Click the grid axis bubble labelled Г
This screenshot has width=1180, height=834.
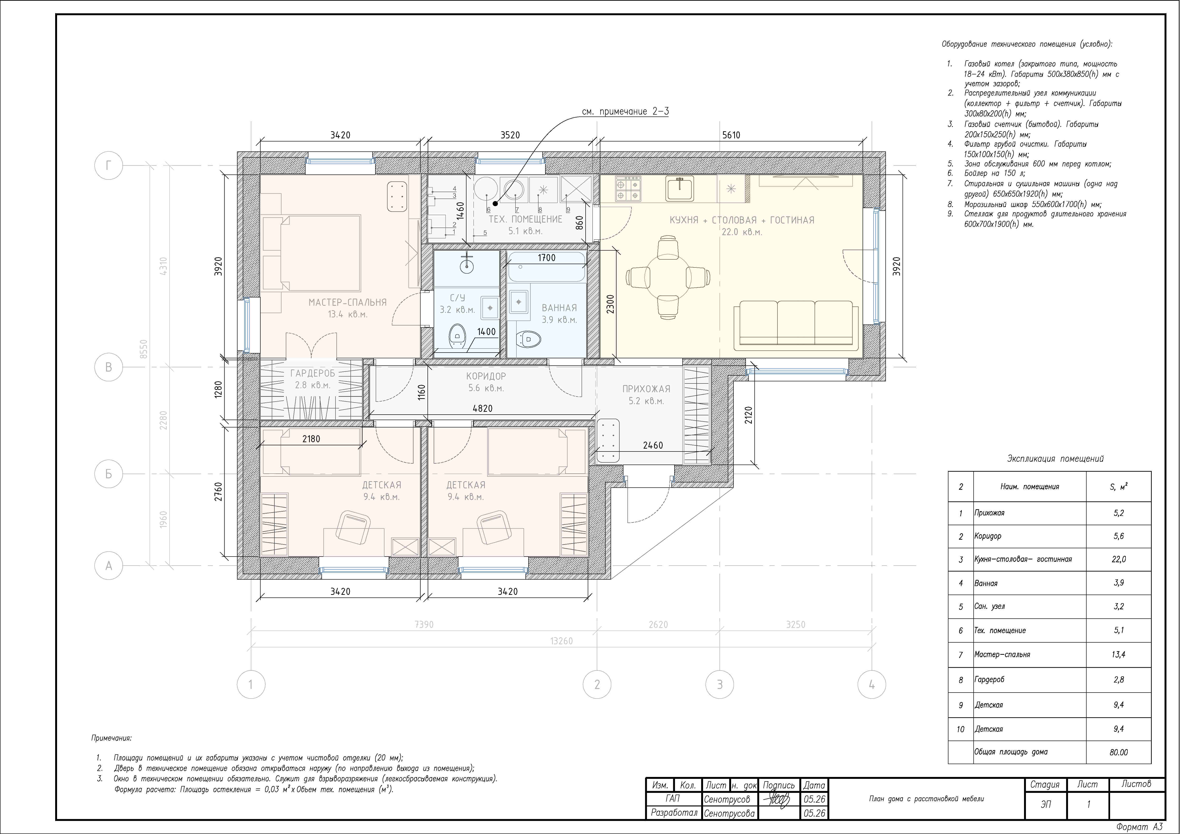coord(108,165)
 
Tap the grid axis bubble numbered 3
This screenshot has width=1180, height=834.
coord(719,684)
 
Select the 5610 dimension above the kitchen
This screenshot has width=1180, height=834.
coord(731,135)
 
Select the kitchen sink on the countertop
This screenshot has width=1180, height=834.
coord(680,188)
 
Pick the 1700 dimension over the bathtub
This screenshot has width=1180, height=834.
coord(546,258)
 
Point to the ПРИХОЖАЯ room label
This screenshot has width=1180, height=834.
coord(646,389)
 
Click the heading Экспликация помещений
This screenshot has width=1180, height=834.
coord(1055,459)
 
